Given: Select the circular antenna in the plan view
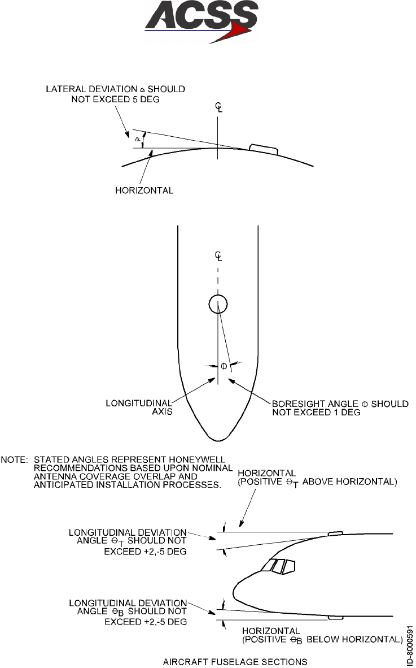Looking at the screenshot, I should pos(218,305).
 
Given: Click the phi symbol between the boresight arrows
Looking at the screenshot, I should pos(224,366).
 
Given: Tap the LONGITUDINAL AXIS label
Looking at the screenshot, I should pos(139,408).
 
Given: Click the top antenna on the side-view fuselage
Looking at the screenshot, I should pos(335,533).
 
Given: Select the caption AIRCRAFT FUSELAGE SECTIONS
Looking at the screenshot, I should pos(235,661).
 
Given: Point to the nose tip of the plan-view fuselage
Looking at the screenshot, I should pos(218,439).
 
